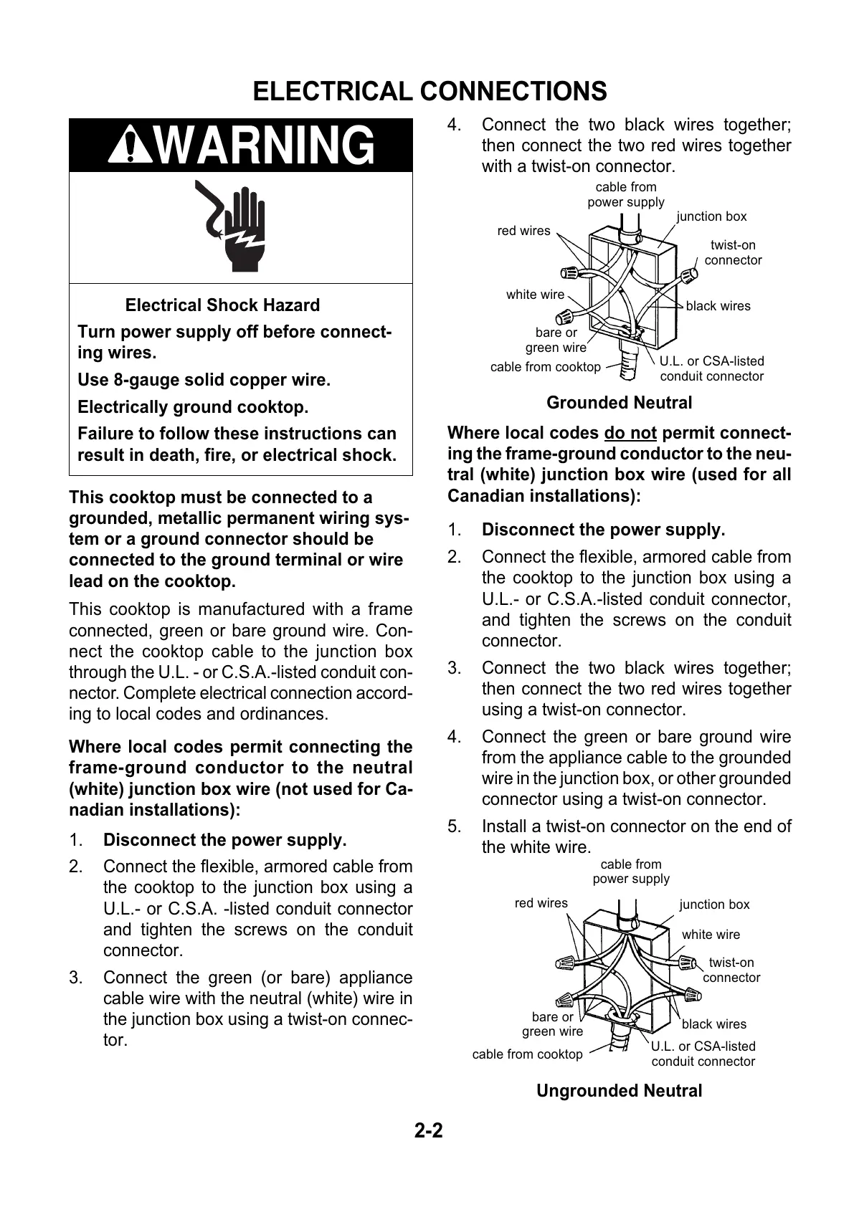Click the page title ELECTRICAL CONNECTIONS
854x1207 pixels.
pyautogui.click(x=430, y=92)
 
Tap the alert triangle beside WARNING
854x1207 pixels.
pyautogui.click(x=130, y=145)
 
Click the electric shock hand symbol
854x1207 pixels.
pyautogui.click(x=234, y=226)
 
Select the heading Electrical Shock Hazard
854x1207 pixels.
pyautogui.click(x=222, y=305)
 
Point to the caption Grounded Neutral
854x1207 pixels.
pyautogui.click(x=619, y=403)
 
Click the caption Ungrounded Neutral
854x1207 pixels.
pyautogui.click(x=619, y=1091)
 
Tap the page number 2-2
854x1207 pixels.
pyautogui.click(x=429, y=1131)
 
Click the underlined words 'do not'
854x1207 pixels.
pyautogui.click(x=630, y=434)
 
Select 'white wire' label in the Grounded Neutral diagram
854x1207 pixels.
pyautogui.click(x=535, y=295)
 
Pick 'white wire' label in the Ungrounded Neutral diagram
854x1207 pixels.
pyautogui.click(x=711, y=935)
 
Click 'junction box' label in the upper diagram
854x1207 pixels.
pyautogui.click(x=711, y=216)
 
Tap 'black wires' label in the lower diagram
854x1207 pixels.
pyautogui.click(x=713, y=1024)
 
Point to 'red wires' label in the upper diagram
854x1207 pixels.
pyautogui.click(x=523, y=231)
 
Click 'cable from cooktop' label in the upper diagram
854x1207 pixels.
pyautogui.click(x=545, y=367)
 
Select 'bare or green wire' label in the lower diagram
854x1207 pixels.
pyautogui.click(x=552, y=1024)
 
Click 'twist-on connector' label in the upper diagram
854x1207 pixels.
pyautogui.click(x=733, y=253)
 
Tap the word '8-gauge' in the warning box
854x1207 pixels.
pyautogui.click(x=143, y=381)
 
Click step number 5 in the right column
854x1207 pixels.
pyautogui.click(x=455, y=826)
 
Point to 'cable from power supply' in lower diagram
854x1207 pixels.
pyautogui.click(x=631, y=872)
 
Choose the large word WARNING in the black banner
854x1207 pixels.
pyautogui.click(x=264, y=145)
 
